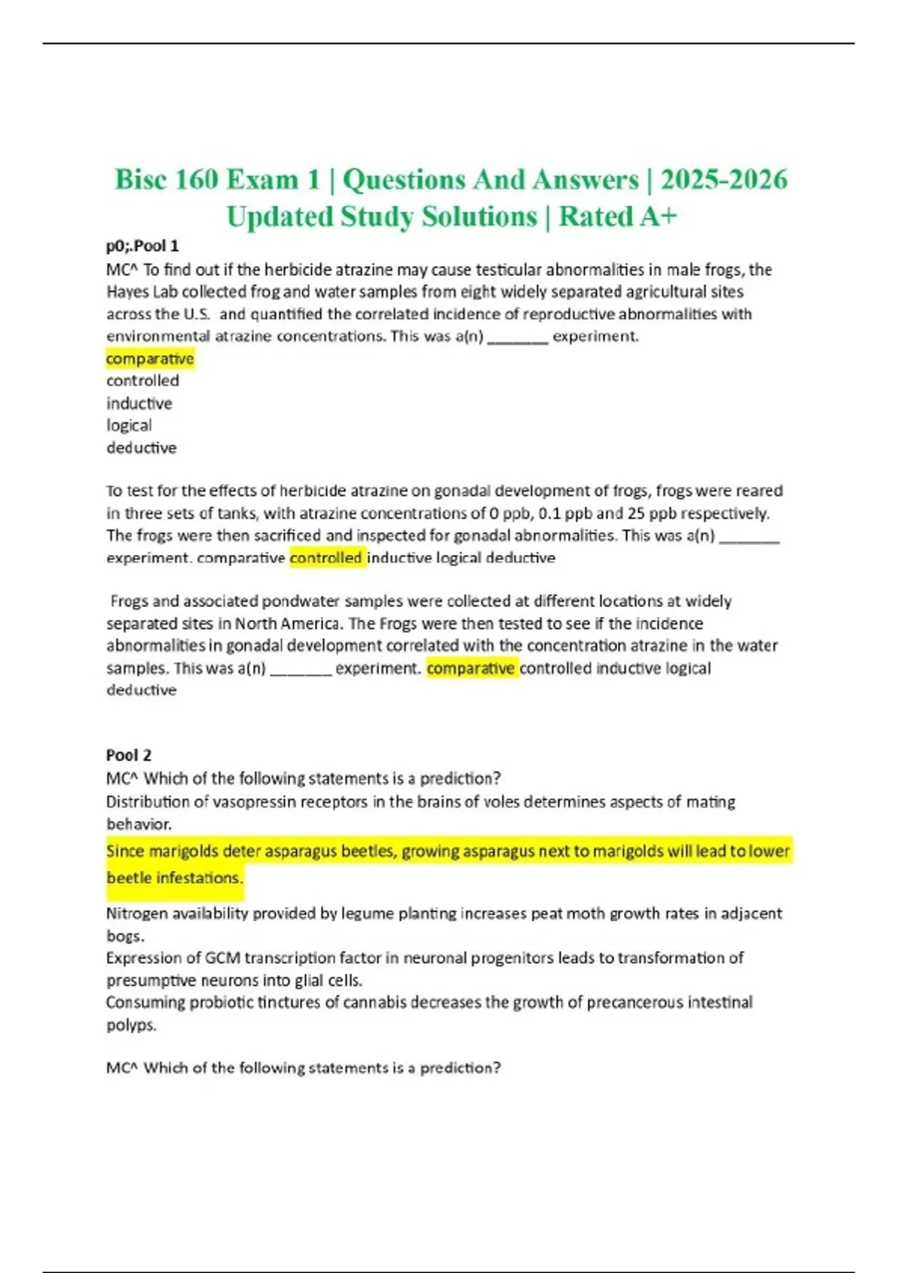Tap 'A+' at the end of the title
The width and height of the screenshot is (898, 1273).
[x=658, y=216]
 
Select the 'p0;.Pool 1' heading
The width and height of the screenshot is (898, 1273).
[x=142, y=246]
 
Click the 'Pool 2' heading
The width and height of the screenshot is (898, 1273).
[x=129, y=755]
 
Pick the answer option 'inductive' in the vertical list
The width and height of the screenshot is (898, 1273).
[x=139, y=403]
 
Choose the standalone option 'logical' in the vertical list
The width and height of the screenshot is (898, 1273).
[x=129, y=425]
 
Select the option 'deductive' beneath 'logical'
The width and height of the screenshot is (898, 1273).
[x=141, y=448]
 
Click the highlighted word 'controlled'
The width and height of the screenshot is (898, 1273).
[x=326, y=558]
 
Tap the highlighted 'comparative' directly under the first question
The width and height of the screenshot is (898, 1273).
[x=150, y=359]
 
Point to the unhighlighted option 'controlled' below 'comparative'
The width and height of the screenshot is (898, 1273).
[x=142, y=380]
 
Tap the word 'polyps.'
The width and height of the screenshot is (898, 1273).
[x=131, y=1024]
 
